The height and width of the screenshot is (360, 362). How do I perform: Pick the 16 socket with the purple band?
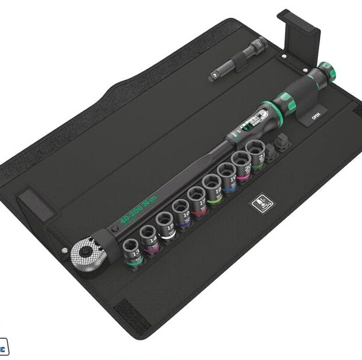click(181, 209)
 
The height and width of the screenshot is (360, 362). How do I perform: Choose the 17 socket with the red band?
click(197, 197)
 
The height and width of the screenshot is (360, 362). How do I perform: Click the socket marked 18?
click(212, 184)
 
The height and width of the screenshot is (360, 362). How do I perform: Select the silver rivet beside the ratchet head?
click(65, 250)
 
